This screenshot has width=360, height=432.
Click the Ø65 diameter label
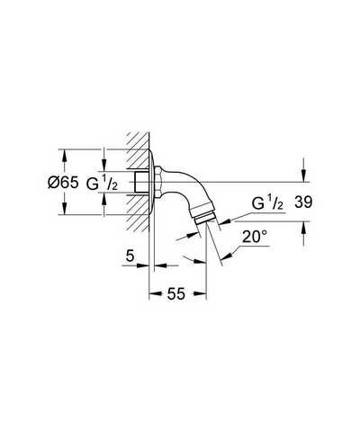63,182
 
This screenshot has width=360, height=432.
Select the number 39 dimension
303,202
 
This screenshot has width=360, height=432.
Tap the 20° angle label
255,237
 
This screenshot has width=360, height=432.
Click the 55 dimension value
176,293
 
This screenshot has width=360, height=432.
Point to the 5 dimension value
130,256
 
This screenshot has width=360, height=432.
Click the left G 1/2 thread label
102,183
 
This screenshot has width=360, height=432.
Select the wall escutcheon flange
152,182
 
